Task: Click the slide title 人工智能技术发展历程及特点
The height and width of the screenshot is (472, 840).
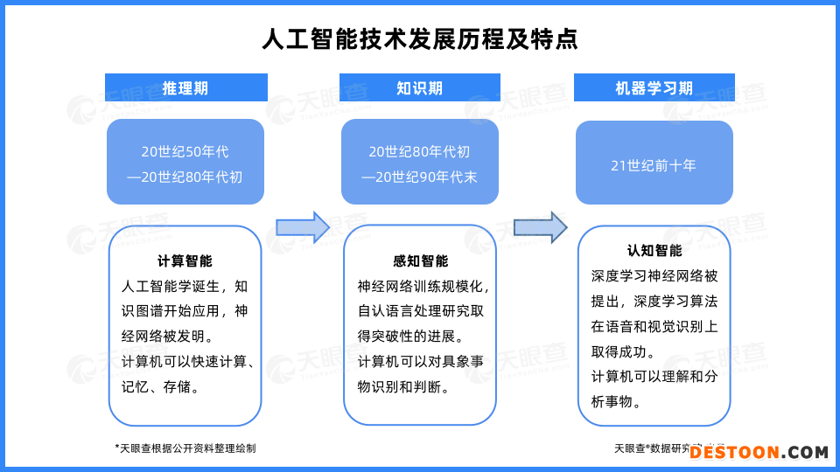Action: click(x=420, y=39)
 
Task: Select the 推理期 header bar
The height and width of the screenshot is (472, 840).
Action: click(x=185, y=87)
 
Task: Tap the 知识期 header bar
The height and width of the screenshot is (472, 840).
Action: click(x=420, y=87)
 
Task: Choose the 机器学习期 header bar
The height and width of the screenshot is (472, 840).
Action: click(x=654, y=87)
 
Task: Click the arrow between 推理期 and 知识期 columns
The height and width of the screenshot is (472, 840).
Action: click(x=303, y=227)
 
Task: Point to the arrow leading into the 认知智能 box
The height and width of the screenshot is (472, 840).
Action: click(x=540, y=227)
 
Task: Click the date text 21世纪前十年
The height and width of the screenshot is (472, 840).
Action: click(x=654, y=165)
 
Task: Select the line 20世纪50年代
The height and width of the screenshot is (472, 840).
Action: click(x=185, y=152)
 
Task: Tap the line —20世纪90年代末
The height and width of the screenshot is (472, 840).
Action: click(x=420, y=177)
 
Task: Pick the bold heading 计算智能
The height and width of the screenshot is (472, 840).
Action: click(x=185, y=260)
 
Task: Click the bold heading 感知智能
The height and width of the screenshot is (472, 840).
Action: click(x=420, y=260)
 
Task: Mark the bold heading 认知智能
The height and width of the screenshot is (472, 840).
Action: click(x=654, y=251)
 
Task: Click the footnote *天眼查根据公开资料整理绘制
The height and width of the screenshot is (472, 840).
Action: click(x=185, y=448)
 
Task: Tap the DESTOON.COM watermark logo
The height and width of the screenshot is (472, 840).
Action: click(x=758, y=452)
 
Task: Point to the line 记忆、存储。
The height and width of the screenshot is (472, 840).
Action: click(x=159, y=387)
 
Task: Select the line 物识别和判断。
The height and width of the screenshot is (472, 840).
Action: click(x=404, y=387)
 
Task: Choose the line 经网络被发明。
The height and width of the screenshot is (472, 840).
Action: click(x=166, y=337)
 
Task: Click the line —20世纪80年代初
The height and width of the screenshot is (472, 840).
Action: click(x=185, y=177)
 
